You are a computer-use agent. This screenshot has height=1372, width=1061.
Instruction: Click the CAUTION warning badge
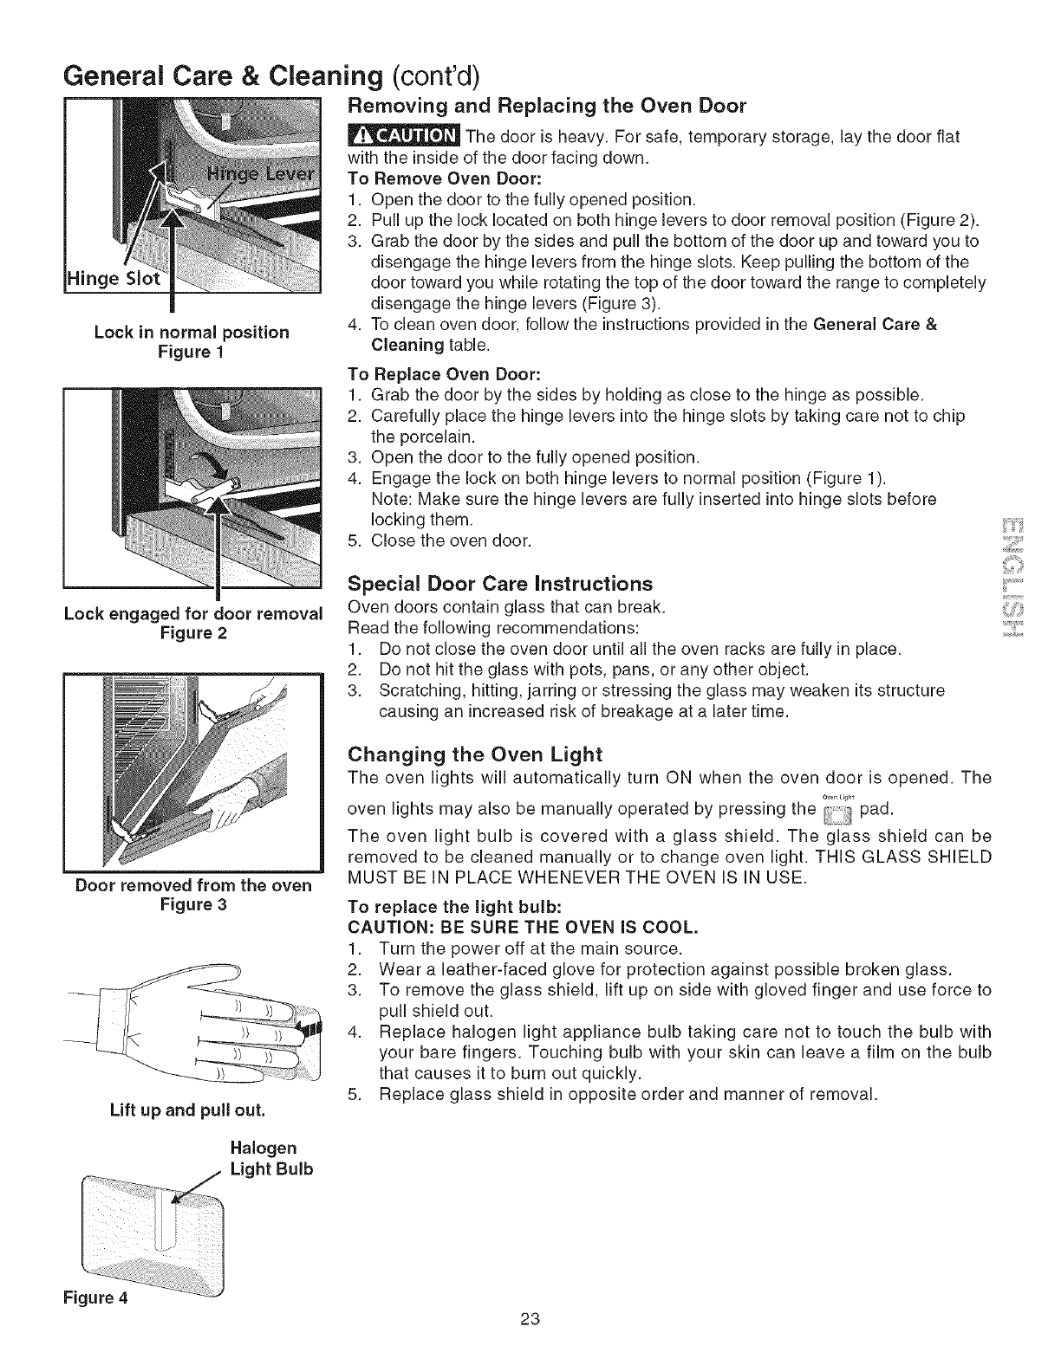pyautogui.click(x=403, y=138)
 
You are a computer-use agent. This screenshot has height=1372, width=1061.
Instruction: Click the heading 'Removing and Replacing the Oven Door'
pyautogui.click(x=546, y=107)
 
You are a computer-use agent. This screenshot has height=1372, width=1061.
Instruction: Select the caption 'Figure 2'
pyautogui.click(x=194, y=633)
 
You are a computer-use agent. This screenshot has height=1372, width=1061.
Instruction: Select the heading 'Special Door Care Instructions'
pyautogui.click(x=500, y=583)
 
